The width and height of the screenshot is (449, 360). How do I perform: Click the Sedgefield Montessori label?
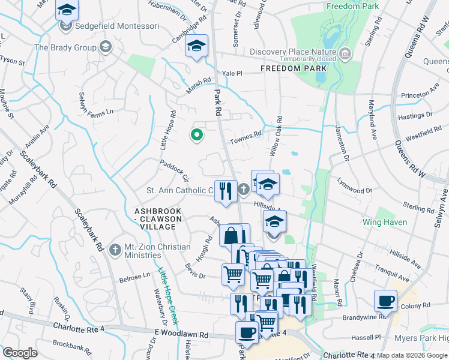click(113, 27)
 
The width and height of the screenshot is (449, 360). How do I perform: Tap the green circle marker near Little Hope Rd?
click(196, 135)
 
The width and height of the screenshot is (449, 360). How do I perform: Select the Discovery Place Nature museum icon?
click(345, 55)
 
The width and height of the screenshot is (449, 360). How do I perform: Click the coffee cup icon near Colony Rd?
click(385, 300)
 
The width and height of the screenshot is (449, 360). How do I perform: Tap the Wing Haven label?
click(385, 222)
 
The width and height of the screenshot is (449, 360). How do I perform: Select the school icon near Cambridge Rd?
click(196, 46)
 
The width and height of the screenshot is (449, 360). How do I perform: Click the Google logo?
click(20, 353)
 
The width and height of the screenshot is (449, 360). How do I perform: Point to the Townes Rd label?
click(246, 137)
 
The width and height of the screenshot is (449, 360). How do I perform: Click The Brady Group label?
click(66, 47)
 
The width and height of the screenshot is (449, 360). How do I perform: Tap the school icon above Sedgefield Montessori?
click(67, 10)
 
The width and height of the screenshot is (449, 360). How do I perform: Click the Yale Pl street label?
click(232, 73)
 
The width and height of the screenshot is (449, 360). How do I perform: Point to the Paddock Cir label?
click(174, 170)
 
